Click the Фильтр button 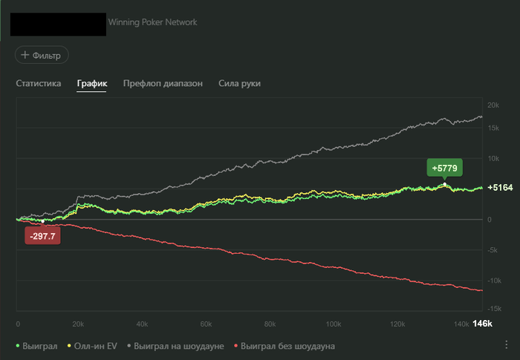pos(42,55)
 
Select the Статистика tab pos(39,84)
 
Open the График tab pos(92,84)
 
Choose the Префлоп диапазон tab pos(163,84)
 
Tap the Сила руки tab pos(239,84)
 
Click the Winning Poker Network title pos(153,22)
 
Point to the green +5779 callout pos(444,168)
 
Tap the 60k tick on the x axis pos(207,324)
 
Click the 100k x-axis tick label pos(334,324)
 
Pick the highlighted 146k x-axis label pos(483,324)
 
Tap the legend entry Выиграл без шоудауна pos(284,346)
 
